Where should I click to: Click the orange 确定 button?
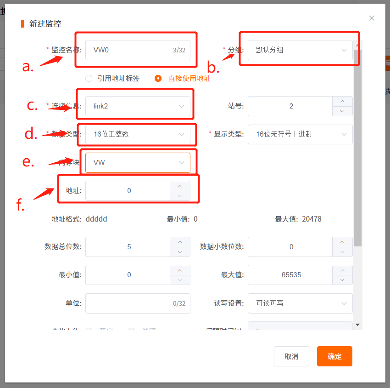coord(334,356)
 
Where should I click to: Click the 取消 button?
coord(291,356)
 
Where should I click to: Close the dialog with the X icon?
coord(372,18)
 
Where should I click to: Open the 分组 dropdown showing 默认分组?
coord(300,50)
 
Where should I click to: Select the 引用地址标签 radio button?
coord(89,78)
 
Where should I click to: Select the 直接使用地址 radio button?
coord(158,78)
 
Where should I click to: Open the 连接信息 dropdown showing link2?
coord(138,106)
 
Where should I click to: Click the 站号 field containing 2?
coord(291,106)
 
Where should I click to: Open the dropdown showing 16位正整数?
coord(138,134)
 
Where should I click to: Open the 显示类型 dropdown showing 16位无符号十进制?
coord(300,134)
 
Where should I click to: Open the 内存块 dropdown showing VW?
coord(138,163)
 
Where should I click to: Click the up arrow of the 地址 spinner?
coord(180,186)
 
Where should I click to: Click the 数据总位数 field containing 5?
coord(128,247)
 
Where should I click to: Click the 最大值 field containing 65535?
coord(291,275)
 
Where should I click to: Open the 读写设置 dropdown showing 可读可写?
coord(300,303)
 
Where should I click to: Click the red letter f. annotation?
coord(20,205)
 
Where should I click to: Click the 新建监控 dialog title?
coord(45,24)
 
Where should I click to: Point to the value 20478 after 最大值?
coord(312,219)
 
